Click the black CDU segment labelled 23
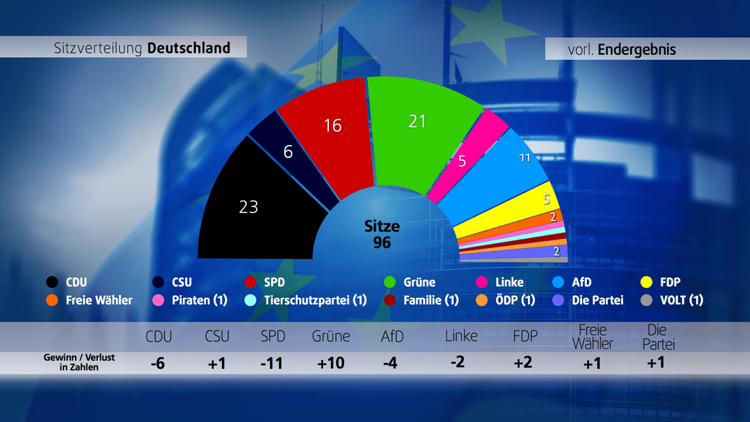249,207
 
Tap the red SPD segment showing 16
332,126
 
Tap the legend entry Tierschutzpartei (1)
315,300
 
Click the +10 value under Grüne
331,363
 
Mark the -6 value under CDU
157,363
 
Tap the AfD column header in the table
392,336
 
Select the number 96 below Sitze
382,243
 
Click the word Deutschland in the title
189,48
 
